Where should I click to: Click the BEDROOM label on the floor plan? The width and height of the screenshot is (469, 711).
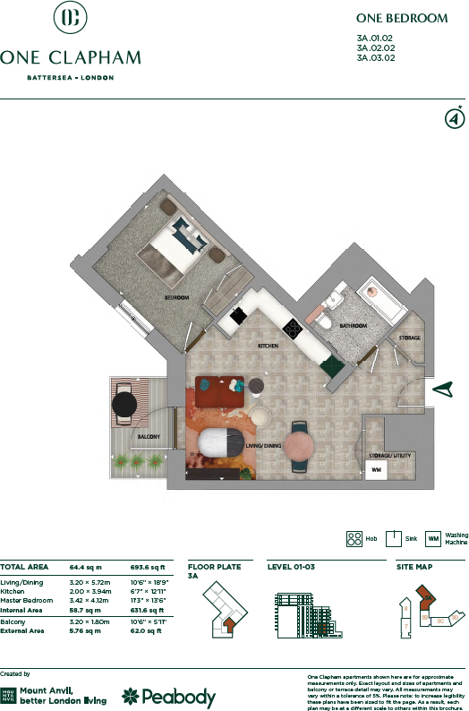click(175, 296)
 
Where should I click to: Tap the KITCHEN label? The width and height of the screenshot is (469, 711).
click(269, 345)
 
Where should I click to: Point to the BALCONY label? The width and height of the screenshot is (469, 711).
click(149, 437)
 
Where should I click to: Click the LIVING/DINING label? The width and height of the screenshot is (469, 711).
click(264, 445)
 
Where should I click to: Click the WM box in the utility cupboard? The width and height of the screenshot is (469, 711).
click(377, 469)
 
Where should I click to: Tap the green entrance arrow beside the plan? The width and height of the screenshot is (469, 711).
click(444, 389)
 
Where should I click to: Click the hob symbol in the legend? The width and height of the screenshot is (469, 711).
click(353, 538)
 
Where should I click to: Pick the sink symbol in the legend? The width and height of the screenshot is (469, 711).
click(392, 538)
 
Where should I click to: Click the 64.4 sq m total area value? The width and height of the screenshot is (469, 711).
click(86, 568)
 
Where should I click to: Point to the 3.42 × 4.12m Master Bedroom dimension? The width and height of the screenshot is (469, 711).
click(90, 599)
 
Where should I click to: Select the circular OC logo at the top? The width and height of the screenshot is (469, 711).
click(70, 18)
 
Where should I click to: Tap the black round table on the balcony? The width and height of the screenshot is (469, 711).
click(124, 405)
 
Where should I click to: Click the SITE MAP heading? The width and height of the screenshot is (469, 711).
click(414, 568)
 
